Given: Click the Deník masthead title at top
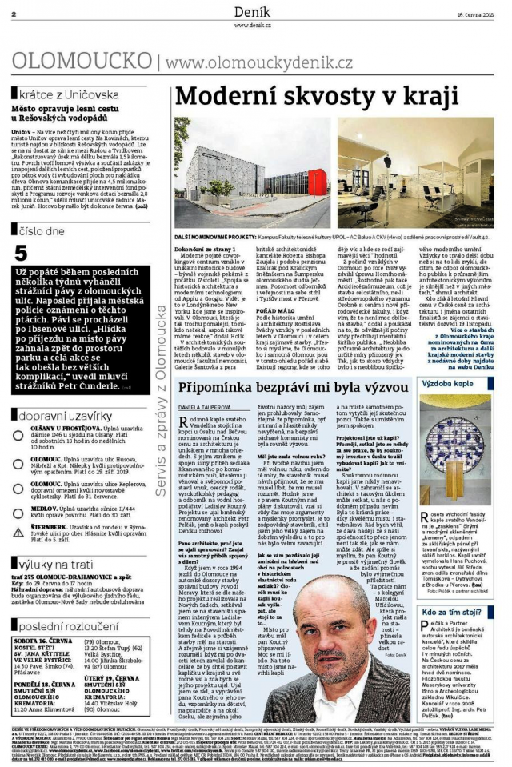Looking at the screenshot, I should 255,11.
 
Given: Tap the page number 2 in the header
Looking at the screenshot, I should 14,14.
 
